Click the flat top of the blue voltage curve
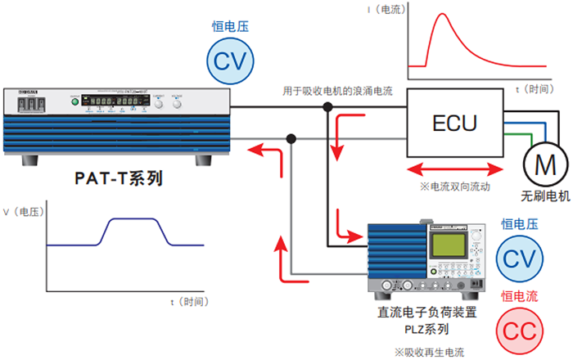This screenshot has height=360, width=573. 137,219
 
